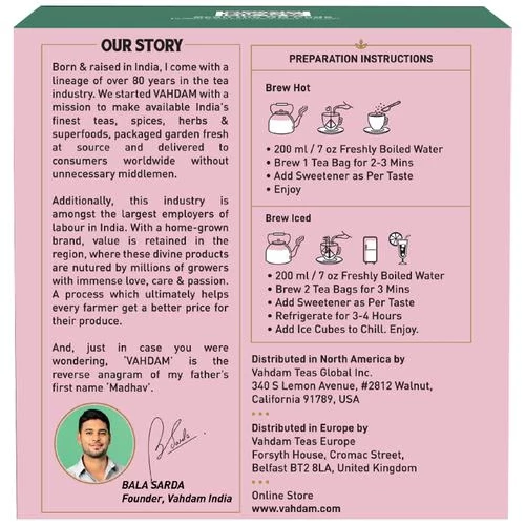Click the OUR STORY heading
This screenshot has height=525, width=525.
[142, 46]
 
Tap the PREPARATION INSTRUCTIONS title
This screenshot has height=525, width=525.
[361, 59]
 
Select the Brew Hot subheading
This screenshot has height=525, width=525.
[288, 88]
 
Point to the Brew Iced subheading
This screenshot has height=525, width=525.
[288, 218]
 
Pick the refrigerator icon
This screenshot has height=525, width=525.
[371, 249]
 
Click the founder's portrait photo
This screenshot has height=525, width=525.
[95, 444]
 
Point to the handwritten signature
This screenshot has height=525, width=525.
[174, 439]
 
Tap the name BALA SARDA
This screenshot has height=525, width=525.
[153, 485]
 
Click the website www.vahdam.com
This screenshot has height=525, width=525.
[296, 509]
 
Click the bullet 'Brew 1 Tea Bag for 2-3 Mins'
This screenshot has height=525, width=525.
[343, 163]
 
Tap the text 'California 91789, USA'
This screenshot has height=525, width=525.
[306, 400]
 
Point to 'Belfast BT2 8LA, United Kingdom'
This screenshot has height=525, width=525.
[334, 468]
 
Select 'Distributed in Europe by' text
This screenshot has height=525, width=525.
[310, 428]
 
